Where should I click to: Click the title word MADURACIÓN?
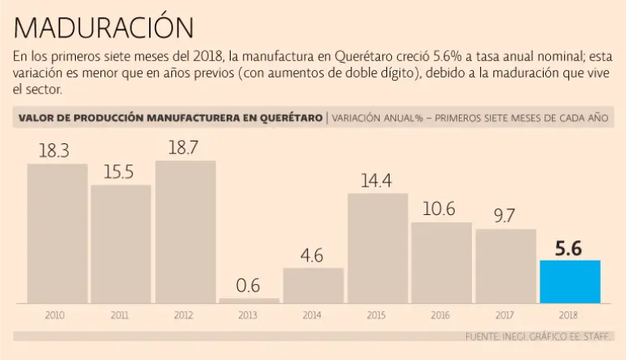[104, 26]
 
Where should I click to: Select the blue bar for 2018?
[570, 281]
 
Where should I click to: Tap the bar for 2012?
[185, 232]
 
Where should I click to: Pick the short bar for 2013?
[249, 301]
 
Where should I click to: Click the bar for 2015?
[377, 248]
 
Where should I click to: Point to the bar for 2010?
[57, 234]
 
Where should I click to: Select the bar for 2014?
[313, 285]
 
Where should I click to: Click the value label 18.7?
[185, 147]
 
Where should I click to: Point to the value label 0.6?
[249, 287]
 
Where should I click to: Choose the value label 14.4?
[377, 181]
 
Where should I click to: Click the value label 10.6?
[441, 209]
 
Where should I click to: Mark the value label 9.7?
[505, 216]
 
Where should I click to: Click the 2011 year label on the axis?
[121, 314]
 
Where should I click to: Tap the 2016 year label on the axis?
[441, 314]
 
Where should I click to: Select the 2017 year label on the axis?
[505, 314]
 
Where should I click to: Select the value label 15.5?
[121, 173]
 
